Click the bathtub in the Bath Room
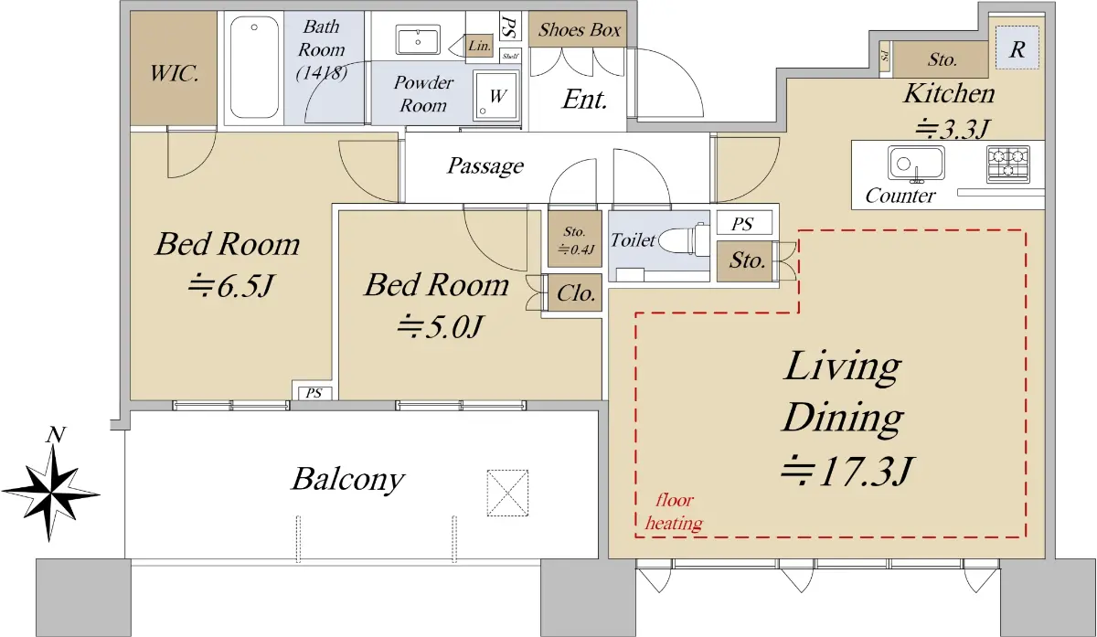254,68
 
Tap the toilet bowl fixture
684,239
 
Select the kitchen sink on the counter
916,164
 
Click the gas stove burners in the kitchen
1008,164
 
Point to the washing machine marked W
496,95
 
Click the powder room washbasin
418,41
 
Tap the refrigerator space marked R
1017,48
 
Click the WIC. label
174,74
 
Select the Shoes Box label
580,30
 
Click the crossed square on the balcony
507,493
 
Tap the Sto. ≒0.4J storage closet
574,239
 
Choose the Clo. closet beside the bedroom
575,292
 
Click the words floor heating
674,512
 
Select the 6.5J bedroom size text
230,286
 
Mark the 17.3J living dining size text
847,471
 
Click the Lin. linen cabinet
479,46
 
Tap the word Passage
485,166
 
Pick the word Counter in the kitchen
900,196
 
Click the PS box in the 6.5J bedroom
314,393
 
